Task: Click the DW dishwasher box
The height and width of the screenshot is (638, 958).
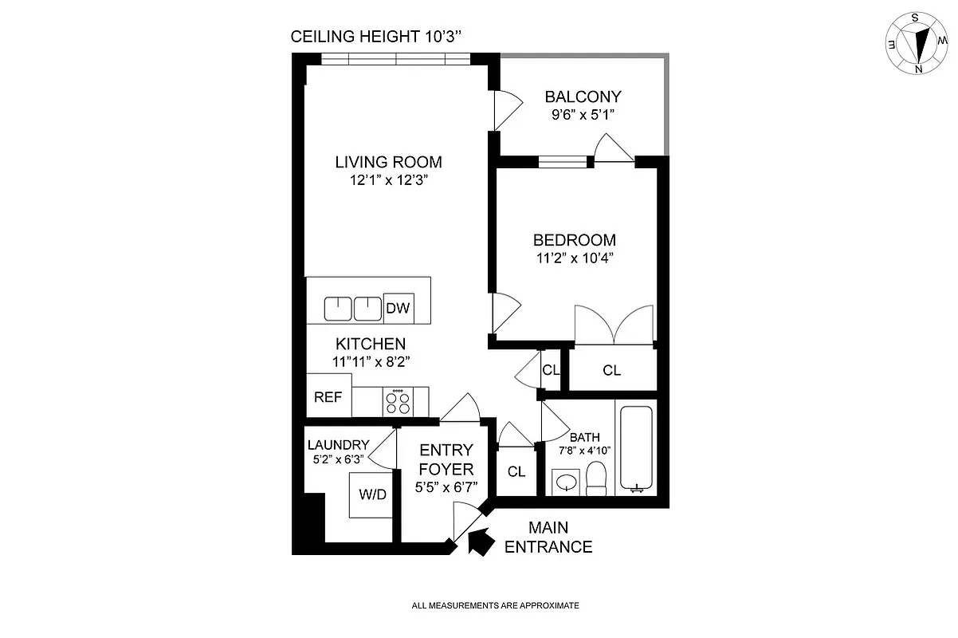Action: tap(398, 309)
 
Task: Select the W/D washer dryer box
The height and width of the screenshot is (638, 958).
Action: tap(372, 494)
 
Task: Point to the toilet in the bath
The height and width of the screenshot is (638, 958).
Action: tap(596, 478)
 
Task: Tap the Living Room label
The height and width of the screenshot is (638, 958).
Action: tap(388, 162)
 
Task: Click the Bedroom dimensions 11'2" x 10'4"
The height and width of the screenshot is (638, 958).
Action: tap(574, 258)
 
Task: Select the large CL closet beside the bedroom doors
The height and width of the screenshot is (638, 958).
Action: tap(611, 371)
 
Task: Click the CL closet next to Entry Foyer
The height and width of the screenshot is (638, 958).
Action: tap(516, 471)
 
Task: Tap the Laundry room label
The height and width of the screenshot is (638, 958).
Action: tap(338, 445)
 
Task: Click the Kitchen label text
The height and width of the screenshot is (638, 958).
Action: tap(371, 344)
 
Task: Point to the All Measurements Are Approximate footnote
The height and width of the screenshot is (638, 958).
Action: tap(495, 606)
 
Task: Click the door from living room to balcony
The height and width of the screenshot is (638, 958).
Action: tap(505, 110)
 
